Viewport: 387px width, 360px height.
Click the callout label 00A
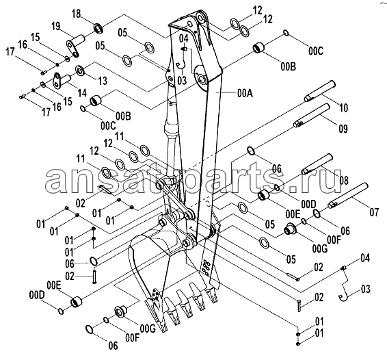click(x=245, y=94)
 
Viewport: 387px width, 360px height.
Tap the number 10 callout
click(x=344, y=107)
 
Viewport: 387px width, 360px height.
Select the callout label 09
click(x=343, y=129)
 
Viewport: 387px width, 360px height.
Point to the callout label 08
click(x=343, y=180)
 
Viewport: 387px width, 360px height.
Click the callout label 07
click(x=374, y=212)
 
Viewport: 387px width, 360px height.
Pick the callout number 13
click(x=103, y=81)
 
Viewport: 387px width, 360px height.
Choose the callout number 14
click(x=82, y=93)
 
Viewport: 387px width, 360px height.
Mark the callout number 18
click(x=77, y=14)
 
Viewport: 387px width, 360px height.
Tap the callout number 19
click(x=56, y=26)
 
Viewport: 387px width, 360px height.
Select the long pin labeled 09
click(x=312, y=116)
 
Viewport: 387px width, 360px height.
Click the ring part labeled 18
click(x=98, y=29)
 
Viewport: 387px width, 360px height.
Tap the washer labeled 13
click(x=80, y=71)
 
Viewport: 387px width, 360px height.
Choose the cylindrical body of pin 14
click(x=66, y=79)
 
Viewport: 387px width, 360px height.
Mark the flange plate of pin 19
click(x=72, y=50)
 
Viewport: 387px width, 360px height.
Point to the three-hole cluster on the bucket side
click(x=206, y=267)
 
